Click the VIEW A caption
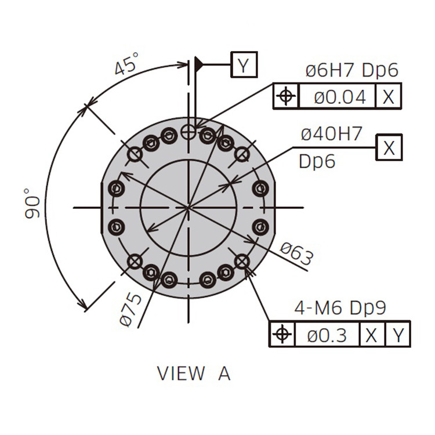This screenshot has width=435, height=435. pyautogui.click(x=194, y=373)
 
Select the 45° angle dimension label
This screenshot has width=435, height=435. pyautogui.click(x=126, y=64)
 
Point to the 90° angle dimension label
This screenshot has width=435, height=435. pyautogui.click(x=32, y=204)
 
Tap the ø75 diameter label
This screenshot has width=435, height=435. pyautogui.click(x=131, y=310)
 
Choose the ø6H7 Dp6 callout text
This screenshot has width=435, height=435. pyautogui.click(x=352, y=70)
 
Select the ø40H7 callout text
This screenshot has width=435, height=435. pyautogui.click(x=332, y=133)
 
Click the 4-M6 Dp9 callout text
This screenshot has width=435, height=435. pyautogui.click(x=340, y=308)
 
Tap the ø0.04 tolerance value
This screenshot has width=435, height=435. pyautogui.click(x=340, y=97)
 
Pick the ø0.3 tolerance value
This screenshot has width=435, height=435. pyautogui.click(x=327, y=335)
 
